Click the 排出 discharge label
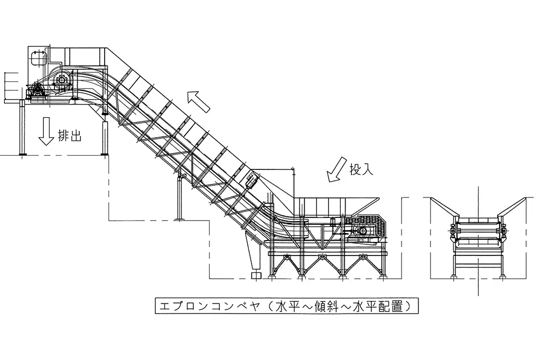pos(70,137)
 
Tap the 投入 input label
pos(361,169)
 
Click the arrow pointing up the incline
pos(199,101)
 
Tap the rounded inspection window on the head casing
pos(37,58)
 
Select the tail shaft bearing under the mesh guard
pos(363,231)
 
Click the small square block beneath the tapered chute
pos(256,275)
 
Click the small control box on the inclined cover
pos(251,181)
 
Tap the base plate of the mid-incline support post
pos(181,219)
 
